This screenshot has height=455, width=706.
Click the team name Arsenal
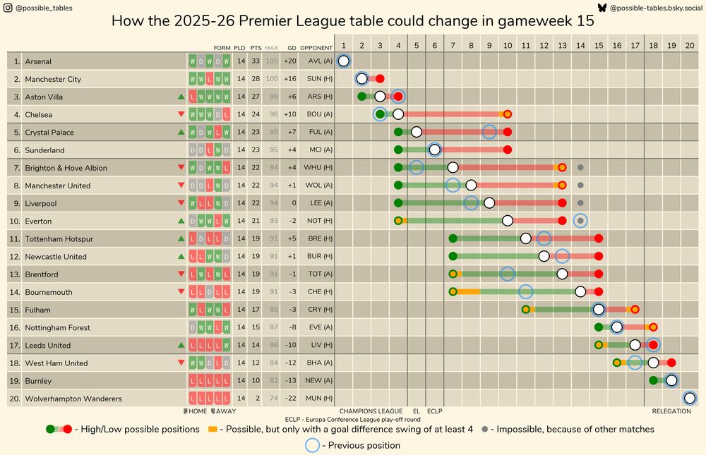tap(38, 61)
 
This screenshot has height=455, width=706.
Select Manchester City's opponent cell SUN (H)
tap(315, 79)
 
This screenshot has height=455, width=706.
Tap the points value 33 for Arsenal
tap(256, 61)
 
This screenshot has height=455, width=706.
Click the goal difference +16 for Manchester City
tap(289, 79)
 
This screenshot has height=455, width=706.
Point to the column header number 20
tap(690, 44)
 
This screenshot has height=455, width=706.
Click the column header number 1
tap(343, 44)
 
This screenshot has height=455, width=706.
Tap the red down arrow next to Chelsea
tap(181, 114)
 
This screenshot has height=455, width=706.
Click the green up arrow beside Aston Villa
tap(181, 97)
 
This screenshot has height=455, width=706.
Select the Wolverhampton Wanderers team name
tap(73, 399)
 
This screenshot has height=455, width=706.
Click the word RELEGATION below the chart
tap(671, 411)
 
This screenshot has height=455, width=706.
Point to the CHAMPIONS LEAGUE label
tap(371, 411)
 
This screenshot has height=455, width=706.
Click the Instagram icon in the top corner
tap(8, 8)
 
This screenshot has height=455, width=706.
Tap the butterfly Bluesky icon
tap(602, 8)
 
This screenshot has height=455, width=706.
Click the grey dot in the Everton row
tap(580, 221)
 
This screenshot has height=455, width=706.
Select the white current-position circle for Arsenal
tap(343, 61)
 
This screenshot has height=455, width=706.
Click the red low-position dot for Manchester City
tap(380, 79)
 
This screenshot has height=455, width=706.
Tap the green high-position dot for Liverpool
tap(398, 203)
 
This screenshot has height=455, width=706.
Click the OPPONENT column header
tap(316, 48)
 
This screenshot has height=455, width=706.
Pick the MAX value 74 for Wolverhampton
tap(272, 399)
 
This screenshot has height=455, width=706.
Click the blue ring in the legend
tap(313, 445)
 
